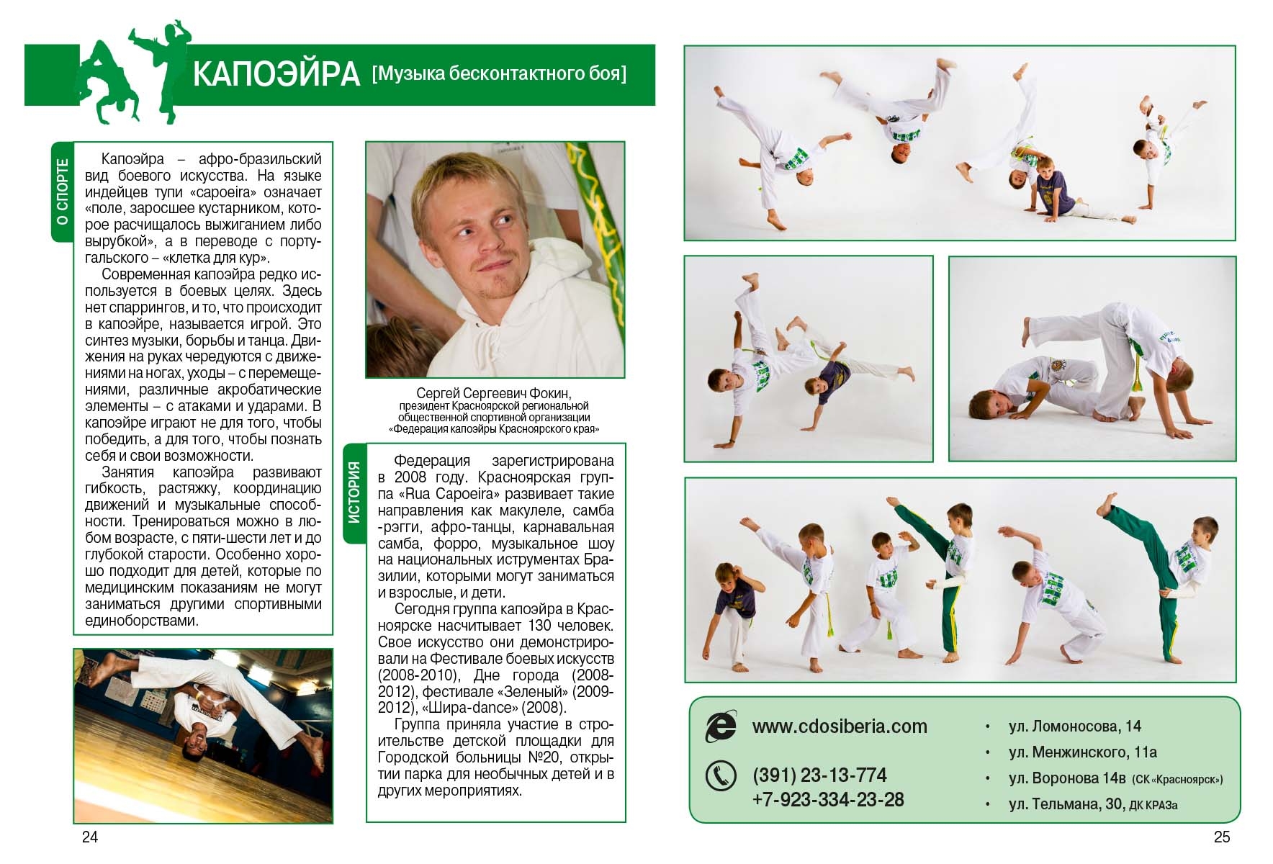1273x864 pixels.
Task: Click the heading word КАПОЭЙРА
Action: (276, 74)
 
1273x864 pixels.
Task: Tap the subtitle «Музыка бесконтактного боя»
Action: (499, 73)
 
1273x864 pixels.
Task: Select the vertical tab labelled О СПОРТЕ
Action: (63, 192)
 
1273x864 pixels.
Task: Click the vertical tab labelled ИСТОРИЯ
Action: (354, 492)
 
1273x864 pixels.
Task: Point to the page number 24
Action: (90, 837)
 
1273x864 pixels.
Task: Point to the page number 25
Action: (1222, 837)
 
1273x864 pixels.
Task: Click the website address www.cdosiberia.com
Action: (840, 726)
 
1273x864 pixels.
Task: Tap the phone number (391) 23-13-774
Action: (819, 775)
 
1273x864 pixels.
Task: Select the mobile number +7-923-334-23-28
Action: (828, 800)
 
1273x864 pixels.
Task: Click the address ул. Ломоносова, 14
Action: (1075, 726)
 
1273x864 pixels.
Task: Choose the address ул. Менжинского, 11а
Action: (1083, 752)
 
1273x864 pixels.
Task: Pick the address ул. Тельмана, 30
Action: (1066, 804)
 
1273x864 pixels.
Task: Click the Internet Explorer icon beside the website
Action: (720, 726)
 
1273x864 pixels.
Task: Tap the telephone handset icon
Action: (720, 776)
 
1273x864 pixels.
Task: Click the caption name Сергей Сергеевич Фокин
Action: (494, 393)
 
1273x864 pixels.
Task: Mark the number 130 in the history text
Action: (541, 626)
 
